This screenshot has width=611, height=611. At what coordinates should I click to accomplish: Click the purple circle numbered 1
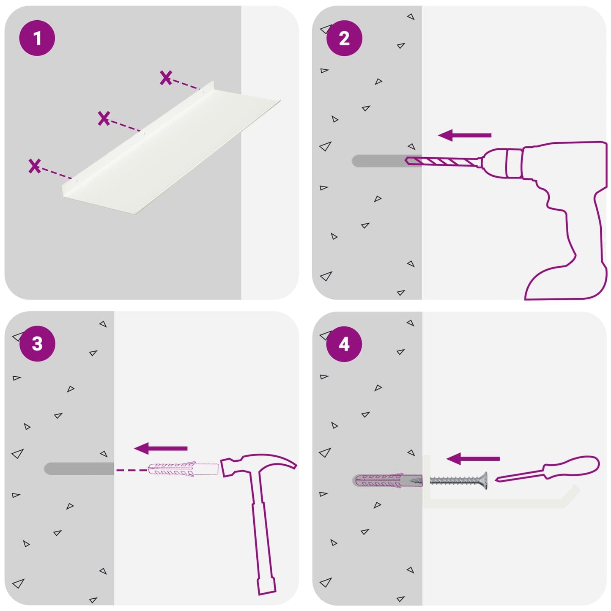tap(37, 38)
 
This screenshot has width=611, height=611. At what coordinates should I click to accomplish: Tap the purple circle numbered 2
tap(344, 38)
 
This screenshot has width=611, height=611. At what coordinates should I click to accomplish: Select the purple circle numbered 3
tap(37, 343)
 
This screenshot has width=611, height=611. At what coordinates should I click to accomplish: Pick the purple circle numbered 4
tap(344, 344)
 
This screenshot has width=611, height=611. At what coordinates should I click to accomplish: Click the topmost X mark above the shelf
tap(166, 78)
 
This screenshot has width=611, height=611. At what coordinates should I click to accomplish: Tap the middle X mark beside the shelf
tap(104, 118)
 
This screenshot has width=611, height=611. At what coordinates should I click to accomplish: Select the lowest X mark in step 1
tap(35, 166)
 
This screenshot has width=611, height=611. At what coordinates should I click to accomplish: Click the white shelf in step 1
tap(171, 149)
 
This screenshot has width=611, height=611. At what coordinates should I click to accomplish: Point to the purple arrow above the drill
tap(465, 135)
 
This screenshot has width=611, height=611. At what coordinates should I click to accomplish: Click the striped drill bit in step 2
tap(442, 162)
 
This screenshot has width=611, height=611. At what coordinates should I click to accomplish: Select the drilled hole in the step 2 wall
tap(387, 161)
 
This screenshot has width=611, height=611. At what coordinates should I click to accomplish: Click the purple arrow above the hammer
tap(161, 449)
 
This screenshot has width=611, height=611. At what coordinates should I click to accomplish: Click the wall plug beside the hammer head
tap(183, 470)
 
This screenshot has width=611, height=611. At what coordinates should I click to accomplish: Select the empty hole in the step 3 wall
tap(79, 469)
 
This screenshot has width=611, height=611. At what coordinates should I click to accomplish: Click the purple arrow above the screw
tap(473, 459)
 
